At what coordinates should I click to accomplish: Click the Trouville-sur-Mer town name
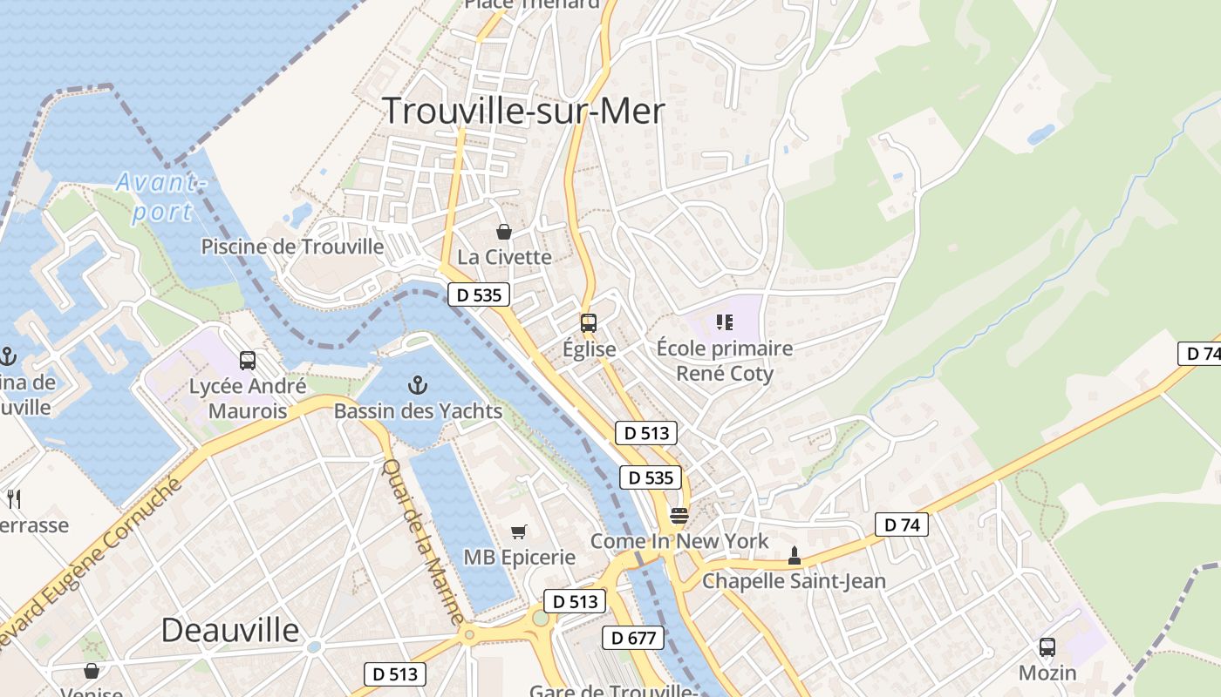523,112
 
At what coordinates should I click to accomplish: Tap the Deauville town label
230,630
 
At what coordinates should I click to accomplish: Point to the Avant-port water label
161,197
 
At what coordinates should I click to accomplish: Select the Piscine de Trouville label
292,247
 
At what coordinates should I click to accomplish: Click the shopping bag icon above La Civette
503,232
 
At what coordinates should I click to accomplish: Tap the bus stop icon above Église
589,323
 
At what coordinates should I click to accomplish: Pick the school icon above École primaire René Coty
724,323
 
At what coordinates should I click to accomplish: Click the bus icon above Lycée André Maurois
248,360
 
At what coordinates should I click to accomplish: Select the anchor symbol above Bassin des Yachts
418,384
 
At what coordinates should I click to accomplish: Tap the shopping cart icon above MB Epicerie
519,531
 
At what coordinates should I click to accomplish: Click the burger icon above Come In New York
679,516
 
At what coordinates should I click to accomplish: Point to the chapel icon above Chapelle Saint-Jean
794,555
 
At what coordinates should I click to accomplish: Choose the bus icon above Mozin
1047,647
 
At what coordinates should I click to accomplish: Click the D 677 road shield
633,638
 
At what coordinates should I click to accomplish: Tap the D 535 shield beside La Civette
479,295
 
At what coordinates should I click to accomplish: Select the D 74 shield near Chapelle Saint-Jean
902,524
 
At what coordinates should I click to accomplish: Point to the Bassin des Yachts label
418,411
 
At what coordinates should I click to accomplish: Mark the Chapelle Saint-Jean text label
794,581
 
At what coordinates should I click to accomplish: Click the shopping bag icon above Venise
92,671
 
